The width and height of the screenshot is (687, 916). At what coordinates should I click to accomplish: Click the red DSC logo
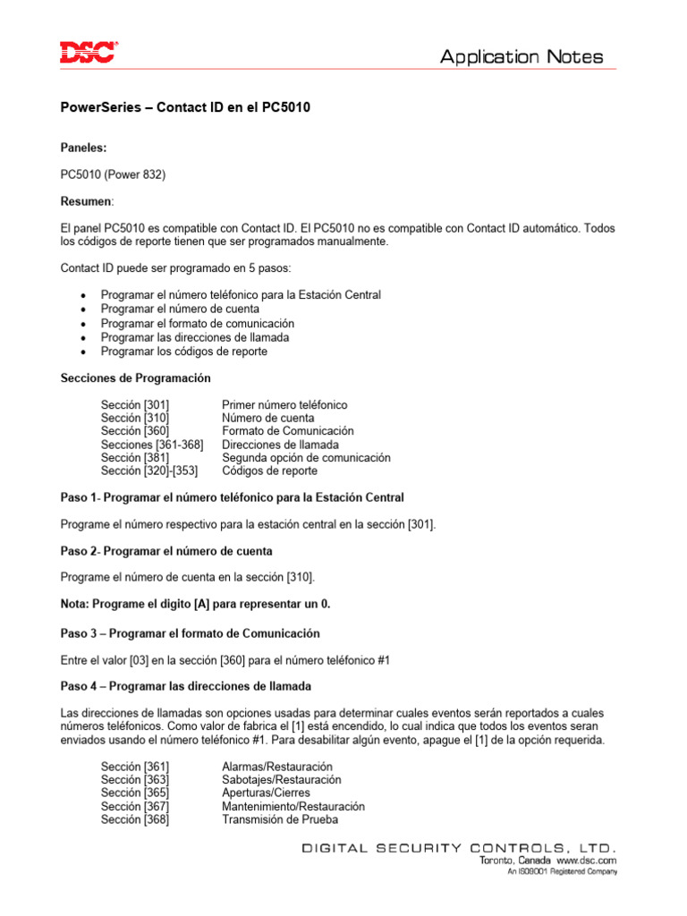click(x=88, y=53)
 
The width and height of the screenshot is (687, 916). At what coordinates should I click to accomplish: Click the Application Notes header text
click(x=522, y=57)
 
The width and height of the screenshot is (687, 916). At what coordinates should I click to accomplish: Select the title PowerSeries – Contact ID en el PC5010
click(x=185, y=106)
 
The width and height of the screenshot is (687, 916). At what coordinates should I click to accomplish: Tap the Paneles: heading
click(x=83, y=148)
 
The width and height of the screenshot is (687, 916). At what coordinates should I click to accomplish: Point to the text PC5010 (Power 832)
click(x=113, y=174)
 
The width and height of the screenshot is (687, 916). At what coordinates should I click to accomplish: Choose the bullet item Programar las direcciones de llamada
click(x=195, y=337)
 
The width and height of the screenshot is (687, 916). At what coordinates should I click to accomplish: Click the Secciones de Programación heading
click(x=136, y=378)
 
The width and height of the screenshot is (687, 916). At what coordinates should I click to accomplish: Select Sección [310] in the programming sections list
click(x=135, y=418)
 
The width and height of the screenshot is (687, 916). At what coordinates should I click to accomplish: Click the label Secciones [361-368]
click(x=152, y=445)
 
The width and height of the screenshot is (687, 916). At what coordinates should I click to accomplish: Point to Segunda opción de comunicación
click(x=306, y=457)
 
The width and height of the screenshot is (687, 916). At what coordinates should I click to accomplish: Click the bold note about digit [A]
click(x=195, y=604)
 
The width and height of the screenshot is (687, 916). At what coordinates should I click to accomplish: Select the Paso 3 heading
click(x=190, y=633)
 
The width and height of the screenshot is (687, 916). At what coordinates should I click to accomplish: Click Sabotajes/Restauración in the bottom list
click(x=282, y=780)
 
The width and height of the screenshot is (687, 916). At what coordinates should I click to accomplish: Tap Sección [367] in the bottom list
click(x=135, y=806)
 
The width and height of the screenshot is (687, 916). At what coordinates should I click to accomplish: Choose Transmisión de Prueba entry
click(x=280, y=819)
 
